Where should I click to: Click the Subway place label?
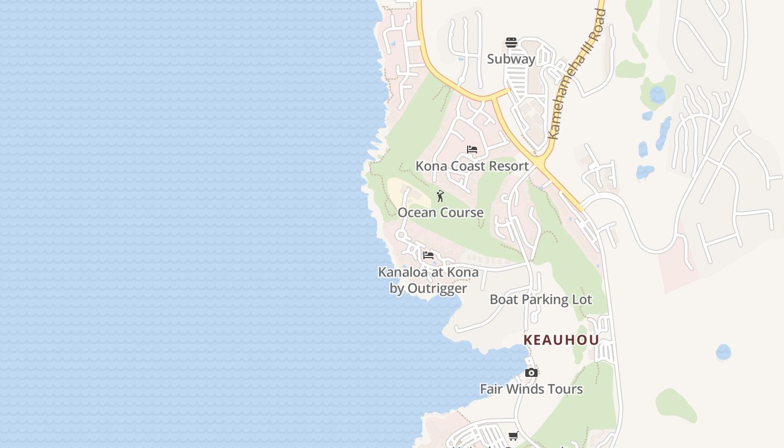coord(511,59)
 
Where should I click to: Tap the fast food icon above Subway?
coord(511,43)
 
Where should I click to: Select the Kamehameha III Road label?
coord(577,73)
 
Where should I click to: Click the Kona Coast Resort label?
coord(472,166)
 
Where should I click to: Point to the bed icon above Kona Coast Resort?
coord(472,150)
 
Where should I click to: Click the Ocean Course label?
coord(441,212)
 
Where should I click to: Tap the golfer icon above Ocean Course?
coord(440,196)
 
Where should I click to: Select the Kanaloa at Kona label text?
coord(428,272)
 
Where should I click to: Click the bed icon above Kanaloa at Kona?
coord(428,255)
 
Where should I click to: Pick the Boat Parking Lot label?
coord(540,299)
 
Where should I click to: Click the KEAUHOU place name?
coord(561,340)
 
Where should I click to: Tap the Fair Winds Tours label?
coord(531,389)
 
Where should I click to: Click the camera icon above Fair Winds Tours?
coord(531,373)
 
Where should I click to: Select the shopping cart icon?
coord(513,436)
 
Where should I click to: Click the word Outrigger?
coord(437,288)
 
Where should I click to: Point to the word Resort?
coord(508,166)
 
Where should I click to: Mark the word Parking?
coord(541,299)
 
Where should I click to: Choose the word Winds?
coord(528,389)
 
